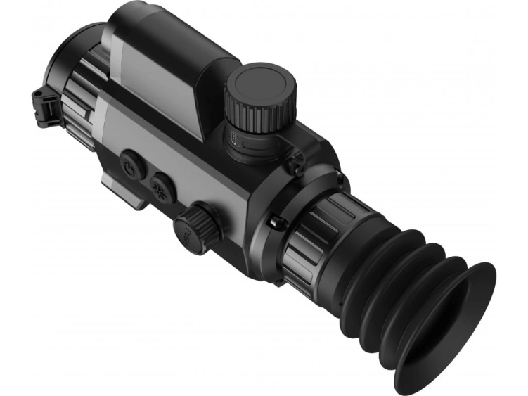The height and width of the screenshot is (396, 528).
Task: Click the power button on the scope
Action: point(132,166)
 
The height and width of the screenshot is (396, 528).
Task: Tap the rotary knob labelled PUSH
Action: point(197,228)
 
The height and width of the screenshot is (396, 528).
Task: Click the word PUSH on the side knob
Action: point(184,233)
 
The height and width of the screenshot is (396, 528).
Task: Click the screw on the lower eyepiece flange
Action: point(277,224)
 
